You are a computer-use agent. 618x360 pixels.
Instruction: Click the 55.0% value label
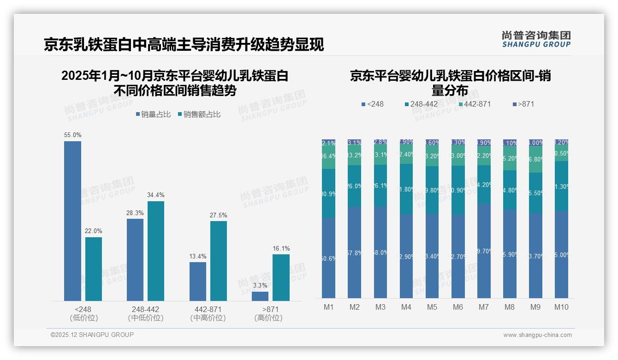(73, 135)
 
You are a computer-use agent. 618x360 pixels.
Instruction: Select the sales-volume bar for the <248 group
(73, 222)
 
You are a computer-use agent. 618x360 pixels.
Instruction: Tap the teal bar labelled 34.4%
(156, 251)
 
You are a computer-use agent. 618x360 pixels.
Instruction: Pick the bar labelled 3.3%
(260, 296)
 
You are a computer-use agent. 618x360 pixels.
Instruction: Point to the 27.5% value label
(219, 215)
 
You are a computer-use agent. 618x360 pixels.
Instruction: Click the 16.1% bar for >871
(281, 278)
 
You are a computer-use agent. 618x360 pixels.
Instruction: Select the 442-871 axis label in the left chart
(208, 309)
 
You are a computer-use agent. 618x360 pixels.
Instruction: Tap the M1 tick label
(328, 307)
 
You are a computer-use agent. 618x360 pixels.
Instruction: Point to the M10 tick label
(561, 307)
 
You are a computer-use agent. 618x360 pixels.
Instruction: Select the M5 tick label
(432, 307)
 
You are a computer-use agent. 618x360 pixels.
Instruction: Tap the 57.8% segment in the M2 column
(355, 252)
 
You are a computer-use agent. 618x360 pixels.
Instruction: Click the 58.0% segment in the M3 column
(380, 252)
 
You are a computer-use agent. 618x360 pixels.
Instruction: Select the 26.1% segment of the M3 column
(380, 186)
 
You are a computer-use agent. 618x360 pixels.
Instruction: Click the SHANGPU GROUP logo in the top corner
(536, 39)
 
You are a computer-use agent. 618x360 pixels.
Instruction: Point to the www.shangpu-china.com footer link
(537, 335)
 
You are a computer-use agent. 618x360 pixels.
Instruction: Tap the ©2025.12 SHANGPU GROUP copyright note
(92, 335)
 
